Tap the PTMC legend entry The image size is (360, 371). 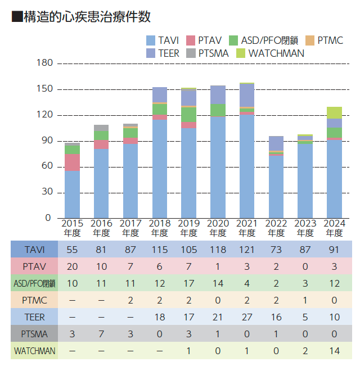[x=330, y=40]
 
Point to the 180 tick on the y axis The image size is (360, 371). [x=44, y=64]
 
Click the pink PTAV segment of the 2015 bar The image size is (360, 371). [x=72, y=162]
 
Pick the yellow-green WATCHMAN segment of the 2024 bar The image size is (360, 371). [x=334, y=112]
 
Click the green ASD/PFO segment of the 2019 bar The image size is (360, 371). [x=188, y=115]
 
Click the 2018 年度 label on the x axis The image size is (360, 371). [x=159, y=228]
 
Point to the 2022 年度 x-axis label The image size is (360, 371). [x=276, y=228]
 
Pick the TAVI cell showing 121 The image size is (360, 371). [x=247, y=249]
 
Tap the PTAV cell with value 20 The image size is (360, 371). [x=72, y=266]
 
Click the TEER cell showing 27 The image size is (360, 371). [x=247, y=317]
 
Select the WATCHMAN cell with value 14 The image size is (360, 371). [x=334, y=351]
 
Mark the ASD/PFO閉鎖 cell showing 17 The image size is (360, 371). [x=188, y=283]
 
